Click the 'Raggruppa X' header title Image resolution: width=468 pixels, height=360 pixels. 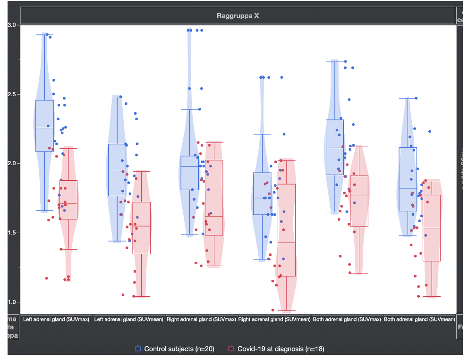238,16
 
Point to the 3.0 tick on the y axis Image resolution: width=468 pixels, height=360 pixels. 12,25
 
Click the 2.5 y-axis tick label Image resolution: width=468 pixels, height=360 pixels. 12,94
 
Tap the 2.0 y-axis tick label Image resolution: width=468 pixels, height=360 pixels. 12,163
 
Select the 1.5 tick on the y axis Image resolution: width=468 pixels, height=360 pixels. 12,233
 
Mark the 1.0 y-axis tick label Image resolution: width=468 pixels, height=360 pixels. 12,302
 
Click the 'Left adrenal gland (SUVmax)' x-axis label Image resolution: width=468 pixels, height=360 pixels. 56,320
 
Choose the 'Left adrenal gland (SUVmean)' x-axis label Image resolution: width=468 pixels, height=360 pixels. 129,320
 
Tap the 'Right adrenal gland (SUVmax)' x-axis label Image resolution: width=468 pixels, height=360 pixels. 201,320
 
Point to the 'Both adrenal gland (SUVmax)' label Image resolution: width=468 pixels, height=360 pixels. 347,320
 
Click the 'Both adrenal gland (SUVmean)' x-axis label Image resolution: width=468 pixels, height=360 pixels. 419,320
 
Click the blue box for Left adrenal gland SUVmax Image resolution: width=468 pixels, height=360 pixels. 45,126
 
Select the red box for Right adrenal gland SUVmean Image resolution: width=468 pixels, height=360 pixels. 287,230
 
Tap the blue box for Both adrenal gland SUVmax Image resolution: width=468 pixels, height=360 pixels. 335,147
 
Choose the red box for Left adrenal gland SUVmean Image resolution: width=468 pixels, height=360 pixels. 141,228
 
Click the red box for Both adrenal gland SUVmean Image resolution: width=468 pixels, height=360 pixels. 432,228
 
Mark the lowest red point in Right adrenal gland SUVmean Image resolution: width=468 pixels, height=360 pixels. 272,310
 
